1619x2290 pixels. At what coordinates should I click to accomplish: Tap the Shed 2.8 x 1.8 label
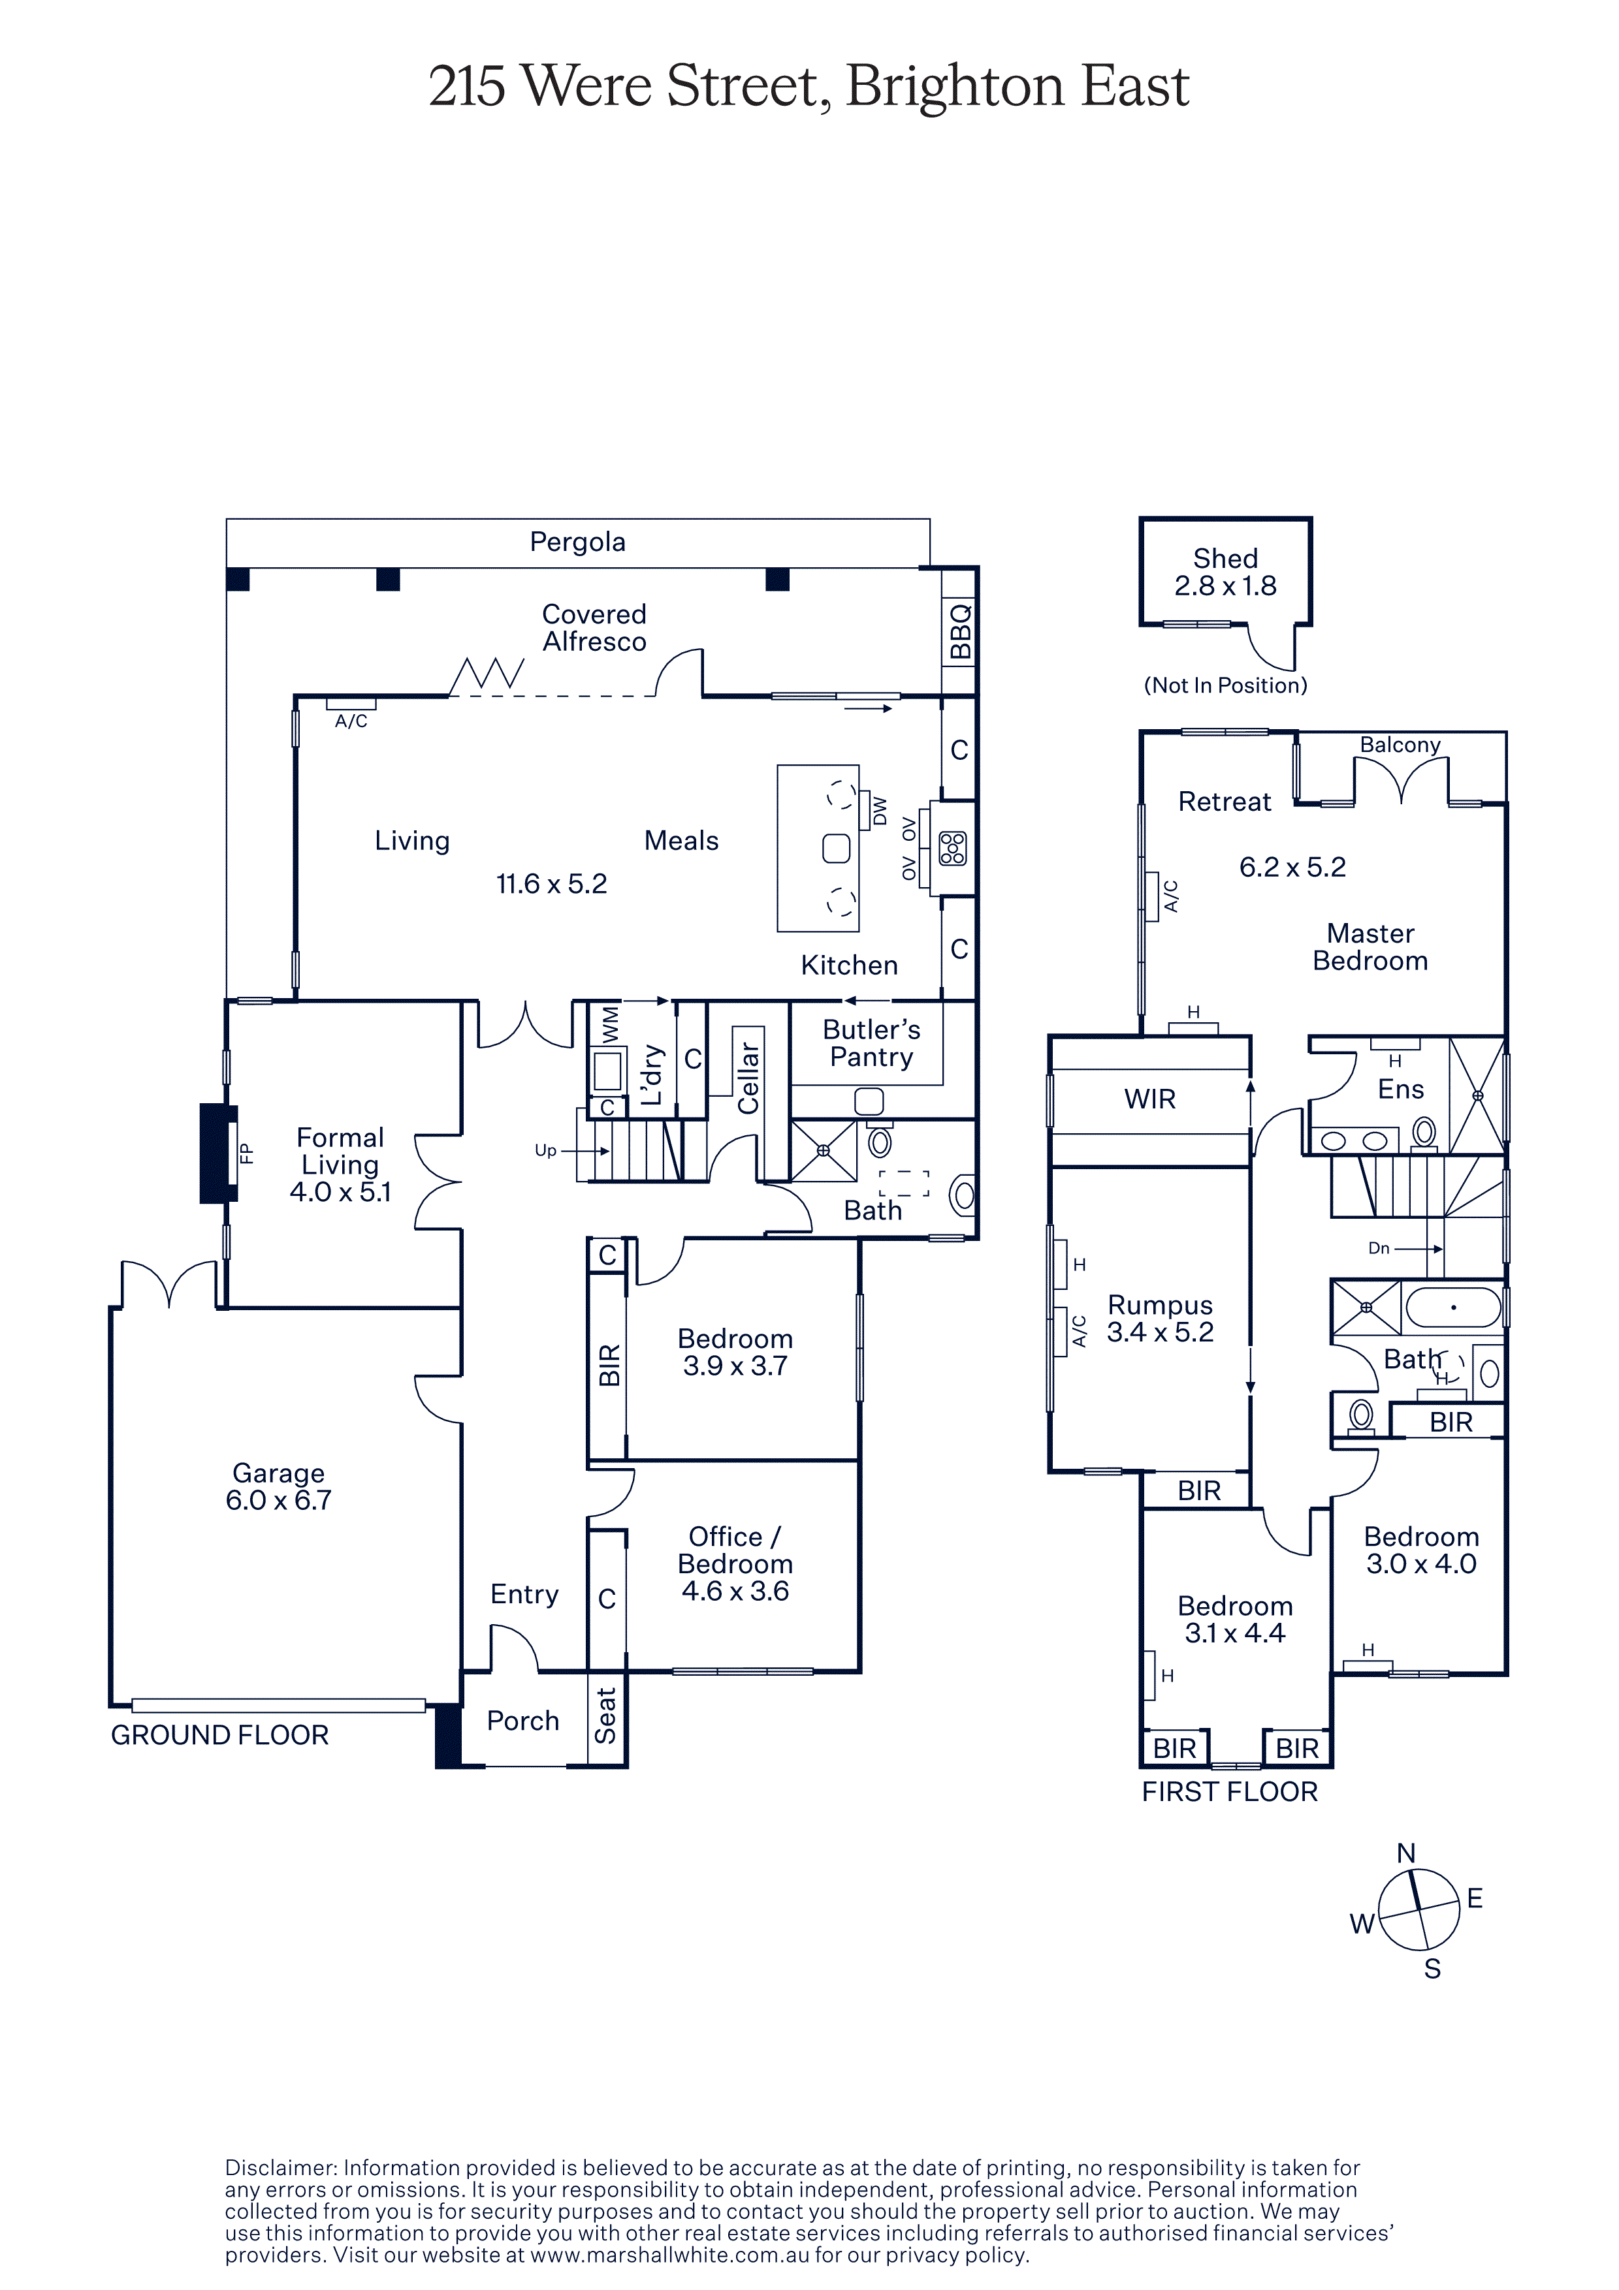click(x=1225, y=572)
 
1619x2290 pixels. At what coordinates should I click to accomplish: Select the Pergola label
click(x=577, y=542)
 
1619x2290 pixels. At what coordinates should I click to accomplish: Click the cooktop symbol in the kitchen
click(x=953, y=848)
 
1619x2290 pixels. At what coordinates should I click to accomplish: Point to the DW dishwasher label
click(x=879, y=811)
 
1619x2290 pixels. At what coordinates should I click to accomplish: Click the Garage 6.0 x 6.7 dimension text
click(x=278, y=1500)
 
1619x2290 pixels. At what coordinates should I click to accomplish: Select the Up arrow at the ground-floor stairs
click(x=585, y=1151)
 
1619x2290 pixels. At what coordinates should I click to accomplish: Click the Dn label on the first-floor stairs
click(x=1379, y=1247)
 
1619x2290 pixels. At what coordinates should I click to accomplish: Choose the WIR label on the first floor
click(x=1149, y=1099)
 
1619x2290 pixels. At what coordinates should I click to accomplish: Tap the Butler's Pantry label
click(x=871, y=1043)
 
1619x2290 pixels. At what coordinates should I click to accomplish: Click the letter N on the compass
click(x=1405, y=1853)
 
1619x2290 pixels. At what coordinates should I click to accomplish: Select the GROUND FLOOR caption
click(x=219, y=1736)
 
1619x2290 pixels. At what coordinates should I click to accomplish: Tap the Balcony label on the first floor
click(x=1400, y=745)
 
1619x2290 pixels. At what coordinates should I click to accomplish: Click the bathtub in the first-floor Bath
click(x=1453, y=1307)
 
